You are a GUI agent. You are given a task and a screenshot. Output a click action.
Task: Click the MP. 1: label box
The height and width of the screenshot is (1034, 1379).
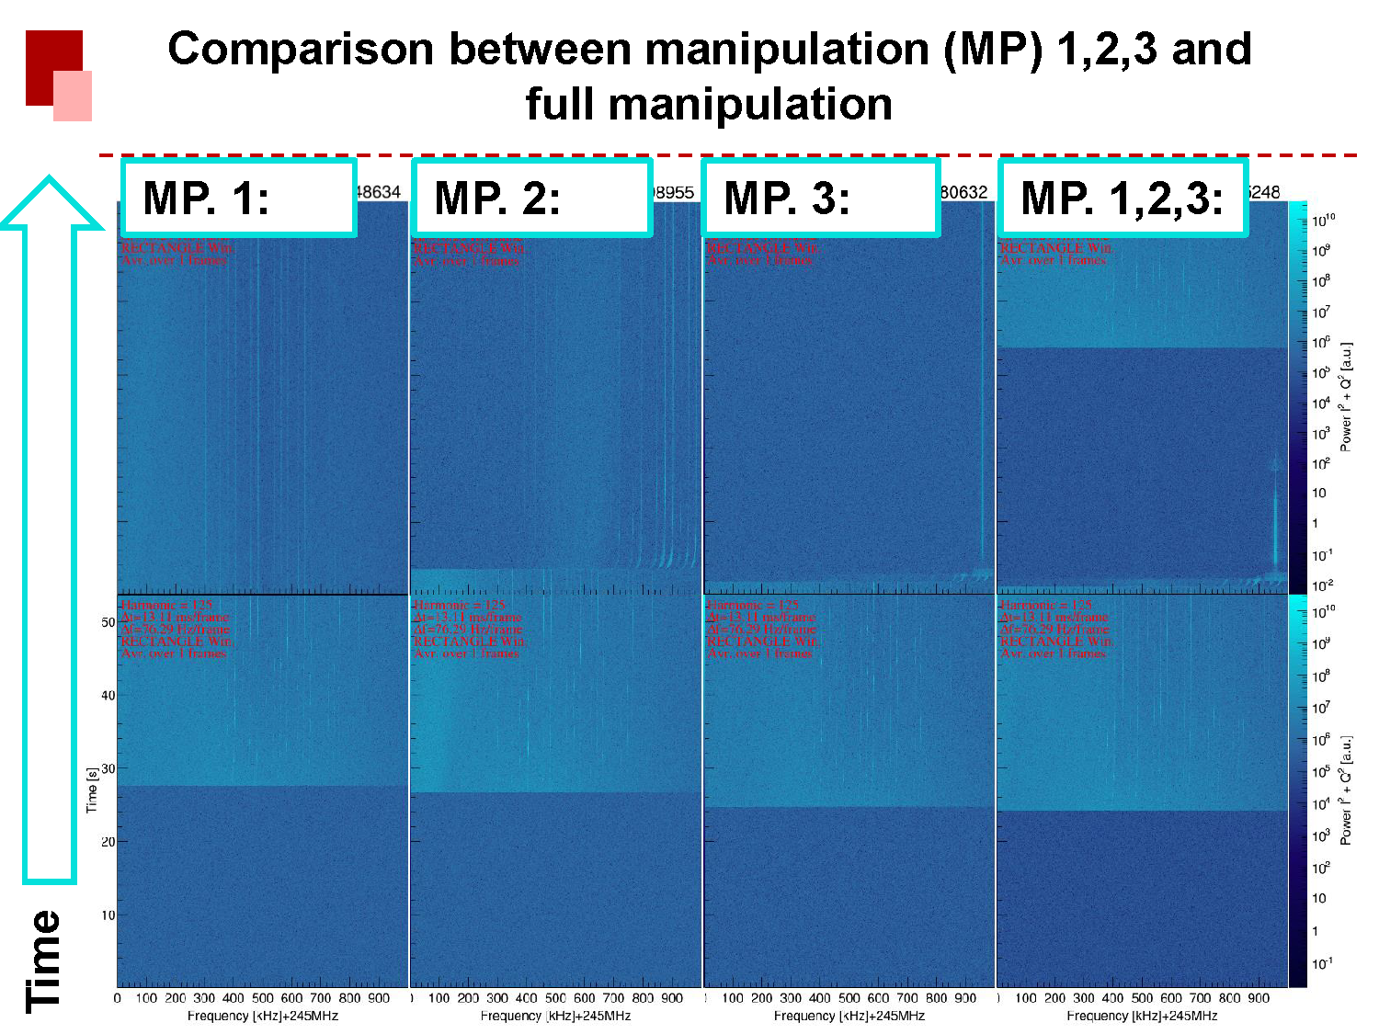(x=238, y=198)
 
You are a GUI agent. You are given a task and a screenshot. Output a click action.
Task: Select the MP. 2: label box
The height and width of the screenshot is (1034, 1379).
(x=532, y=198)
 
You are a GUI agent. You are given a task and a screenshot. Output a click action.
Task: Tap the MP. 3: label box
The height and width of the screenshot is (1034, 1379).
(x=821, y=198)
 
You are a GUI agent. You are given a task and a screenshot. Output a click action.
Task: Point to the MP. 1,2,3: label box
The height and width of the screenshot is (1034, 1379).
(x=1122, y=198)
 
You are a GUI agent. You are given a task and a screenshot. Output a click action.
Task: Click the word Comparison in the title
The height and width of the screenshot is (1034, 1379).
(x=300, y=49)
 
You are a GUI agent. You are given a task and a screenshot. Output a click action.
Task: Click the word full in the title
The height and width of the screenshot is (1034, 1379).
(x=559, y=104)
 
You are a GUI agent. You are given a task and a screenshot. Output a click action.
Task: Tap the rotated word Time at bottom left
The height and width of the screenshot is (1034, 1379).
(x=44, y=960)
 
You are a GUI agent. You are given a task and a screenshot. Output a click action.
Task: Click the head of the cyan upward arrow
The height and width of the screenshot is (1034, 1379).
(x=50, y=202)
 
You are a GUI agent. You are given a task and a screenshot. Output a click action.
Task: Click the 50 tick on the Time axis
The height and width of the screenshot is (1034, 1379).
(x=108, y=622)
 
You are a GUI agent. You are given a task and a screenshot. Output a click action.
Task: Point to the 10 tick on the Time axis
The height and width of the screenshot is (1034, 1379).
(x=108, y=915)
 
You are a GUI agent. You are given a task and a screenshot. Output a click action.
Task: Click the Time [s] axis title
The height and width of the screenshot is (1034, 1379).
(x=92, y=790)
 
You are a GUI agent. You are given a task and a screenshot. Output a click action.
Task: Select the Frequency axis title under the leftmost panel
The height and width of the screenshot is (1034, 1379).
(x=263, y=1016)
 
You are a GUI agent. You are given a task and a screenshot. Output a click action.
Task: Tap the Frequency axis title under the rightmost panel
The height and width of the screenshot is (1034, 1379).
(x=1142, y=1016)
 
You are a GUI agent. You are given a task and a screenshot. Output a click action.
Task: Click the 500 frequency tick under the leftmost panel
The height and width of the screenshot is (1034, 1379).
(x=263, y=998)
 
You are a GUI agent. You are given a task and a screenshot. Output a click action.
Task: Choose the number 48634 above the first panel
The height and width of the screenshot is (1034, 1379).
(x=378, y=192)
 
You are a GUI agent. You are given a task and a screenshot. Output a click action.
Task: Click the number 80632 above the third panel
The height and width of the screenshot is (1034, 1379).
(x=963, y=192)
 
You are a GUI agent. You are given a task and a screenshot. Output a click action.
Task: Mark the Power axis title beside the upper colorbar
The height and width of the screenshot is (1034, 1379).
(x=1346, y=396)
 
